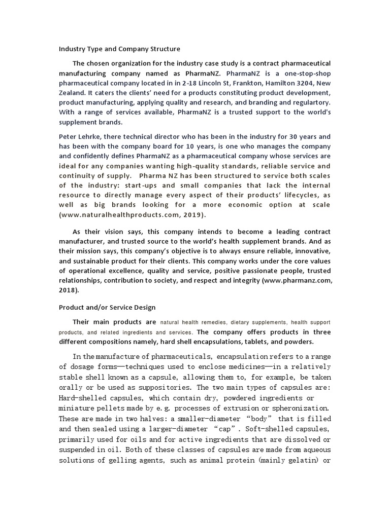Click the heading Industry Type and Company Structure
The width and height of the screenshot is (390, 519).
(x=119, y=49)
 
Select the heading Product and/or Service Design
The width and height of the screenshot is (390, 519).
(x=107, y=307)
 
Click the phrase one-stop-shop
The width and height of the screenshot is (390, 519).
(x=307, y=73)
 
